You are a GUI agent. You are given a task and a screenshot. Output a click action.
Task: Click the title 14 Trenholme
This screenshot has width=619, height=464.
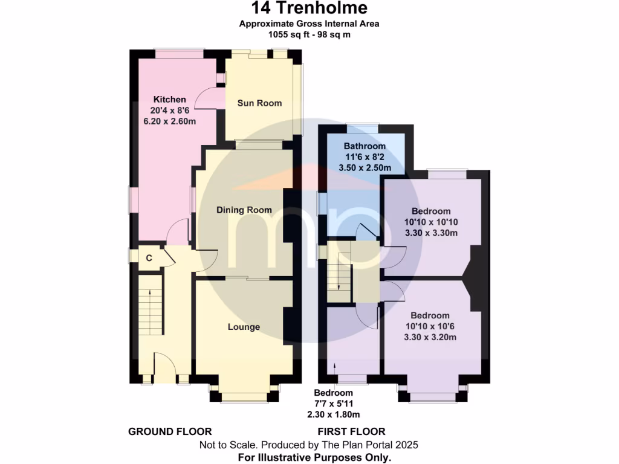click(309, 8)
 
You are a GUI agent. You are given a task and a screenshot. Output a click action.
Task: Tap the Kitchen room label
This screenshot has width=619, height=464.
click(169, 99)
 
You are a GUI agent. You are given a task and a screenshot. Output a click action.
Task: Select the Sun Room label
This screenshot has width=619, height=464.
click(259, 103)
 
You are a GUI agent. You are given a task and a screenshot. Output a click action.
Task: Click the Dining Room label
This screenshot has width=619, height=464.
click(244, 210)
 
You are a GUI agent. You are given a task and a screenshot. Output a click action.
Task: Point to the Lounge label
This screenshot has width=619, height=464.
click(244, 327)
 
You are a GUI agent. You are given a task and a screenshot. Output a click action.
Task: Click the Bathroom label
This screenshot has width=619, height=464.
click(365, 146)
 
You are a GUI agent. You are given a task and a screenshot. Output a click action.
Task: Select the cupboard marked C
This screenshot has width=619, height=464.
click(148, 258)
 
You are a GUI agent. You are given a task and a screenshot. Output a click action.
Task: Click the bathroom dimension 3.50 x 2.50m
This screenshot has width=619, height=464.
click(365, 168)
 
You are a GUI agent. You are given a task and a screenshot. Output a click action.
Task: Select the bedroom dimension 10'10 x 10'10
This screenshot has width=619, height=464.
click(431, 222)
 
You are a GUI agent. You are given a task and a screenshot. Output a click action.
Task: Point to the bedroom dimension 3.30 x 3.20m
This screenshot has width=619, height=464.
click(430, 337)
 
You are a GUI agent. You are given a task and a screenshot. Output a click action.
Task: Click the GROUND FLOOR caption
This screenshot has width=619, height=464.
click(170, 431)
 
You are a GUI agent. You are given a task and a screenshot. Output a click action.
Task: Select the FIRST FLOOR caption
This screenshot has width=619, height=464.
click(352, 431)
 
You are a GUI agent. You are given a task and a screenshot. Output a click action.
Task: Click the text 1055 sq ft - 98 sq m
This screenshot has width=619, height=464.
click(309, 34)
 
